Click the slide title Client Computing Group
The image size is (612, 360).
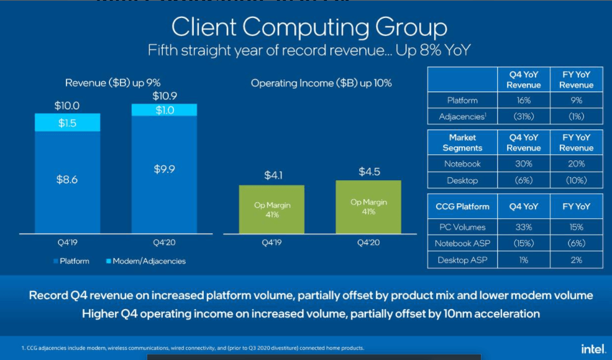coord(309,28)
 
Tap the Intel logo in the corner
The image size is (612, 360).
coord(593,348)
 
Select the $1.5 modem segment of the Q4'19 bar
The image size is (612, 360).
coord(67,122)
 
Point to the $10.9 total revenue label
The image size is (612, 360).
coord(164,96)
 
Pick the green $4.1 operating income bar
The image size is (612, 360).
coord(272,210)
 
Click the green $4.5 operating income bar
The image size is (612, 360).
coord(368,207)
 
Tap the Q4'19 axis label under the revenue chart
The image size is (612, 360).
coord(67,242)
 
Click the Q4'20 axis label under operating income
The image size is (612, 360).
coord(368,242)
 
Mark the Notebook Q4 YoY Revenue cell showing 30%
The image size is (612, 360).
coord(524,164)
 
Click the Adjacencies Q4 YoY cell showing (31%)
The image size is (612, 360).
coord(524,116)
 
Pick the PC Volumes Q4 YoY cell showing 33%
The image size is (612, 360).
coord(524,228)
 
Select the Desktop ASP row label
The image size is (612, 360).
coord(462,260)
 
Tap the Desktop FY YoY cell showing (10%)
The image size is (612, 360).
coord(576,180)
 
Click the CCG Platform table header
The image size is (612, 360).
coord(462,206)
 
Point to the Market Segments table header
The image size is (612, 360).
coord(462,142)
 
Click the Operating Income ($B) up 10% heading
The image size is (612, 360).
coord(321,83)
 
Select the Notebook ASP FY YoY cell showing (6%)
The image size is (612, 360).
coord(576,244)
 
